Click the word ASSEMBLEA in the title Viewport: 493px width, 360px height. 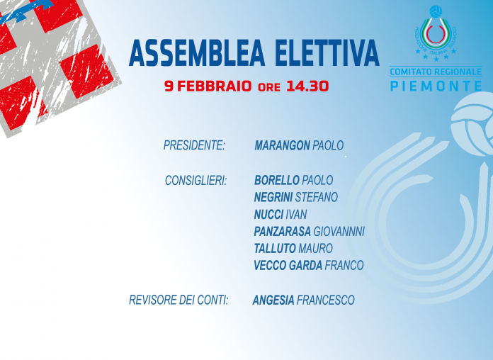(197, 53)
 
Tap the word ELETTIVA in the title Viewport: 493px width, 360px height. (327, 53)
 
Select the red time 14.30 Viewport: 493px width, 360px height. (307, 86)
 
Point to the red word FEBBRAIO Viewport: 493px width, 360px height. (215, 86)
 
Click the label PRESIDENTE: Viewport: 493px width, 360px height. (194, 145)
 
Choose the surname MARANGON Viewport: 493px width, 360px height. (282, 145)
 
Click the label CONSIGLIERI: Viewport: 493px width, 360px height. (196, 180)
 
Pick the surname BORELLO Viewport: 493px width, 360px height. (277, 180)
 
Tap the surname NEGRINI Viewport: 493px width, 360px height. (273, 197)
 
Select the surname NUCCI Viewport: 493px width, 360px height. (268, 214)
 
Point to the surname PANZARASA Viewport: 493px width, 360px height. (283, 231)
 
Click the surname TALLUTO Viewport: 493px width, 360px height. (275, 248)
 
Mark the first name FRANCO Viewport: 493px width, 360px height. (344, 265)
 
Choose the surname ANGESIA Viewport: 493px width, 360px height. (273, 300)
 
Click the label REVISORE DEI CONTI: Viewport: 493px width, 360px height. (178, 300)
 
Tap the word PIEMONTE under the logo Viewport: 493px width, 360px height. (436, 86)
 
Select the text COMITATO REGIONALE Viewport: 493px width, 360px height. (436, 72)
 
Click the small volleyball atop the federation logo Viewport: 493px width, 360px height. (436, 11)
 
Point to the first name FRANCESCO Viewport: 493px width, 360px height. (325, 300)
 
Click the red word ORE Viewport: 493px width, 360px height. (269, 87)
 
